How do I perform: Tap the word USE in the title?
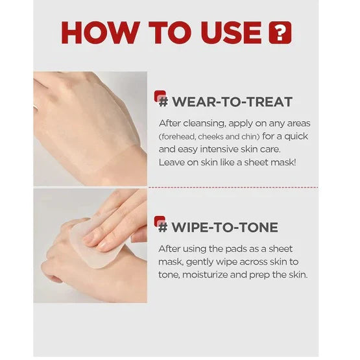232,32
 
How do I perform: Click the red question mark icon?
280,32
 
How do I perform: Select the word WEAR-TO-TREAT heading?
232,102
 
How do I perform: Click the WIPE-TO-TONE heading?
225,227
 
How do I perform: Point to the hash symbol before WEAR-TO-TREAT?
163,102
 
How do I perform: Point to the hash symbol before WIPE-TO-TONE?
163,227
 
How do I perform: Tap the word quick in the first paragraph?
296,136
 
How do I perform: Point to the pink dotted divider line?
234,187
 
